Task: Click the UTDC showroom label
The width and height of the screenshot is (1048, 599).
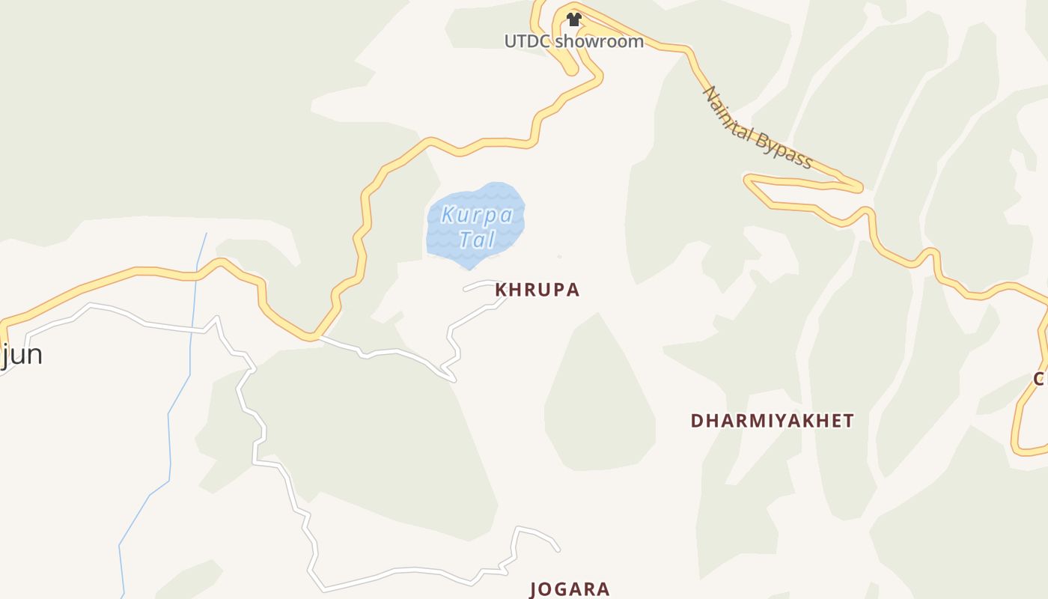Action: point(573,41)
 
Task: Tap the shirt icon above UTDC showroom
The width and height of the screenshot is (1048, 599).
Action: point(573,19)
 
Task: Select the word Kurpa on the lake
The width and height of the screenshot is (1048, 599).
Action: point(477,216)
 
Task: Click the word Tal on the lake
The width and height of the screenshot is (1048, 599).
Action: point(477,240)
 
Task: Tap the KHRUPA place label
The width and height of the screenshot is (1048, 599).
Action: point(537,290)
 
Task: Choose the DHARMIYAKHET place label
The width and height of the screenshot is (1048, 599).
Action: point(772,421)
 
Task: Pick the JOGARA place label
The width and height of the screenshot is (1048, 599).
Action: point(570,589)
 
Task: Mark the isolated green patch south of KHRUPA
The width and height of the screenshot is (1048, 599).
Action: point(599,397)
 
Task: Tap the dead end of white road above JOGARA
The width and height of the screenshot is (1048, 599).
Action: point(558,550)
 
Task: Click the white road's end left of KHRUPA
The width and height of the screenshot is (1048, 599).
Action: point(465,289)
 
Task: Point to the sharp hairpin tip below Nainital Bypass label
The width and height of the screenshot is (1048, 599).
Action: point(747,179)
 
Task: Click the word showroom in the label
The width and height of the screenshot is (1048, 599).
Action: point(600,41)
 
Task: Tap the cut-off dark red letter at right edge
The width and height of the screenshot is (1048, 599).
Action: point(1041,377)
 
